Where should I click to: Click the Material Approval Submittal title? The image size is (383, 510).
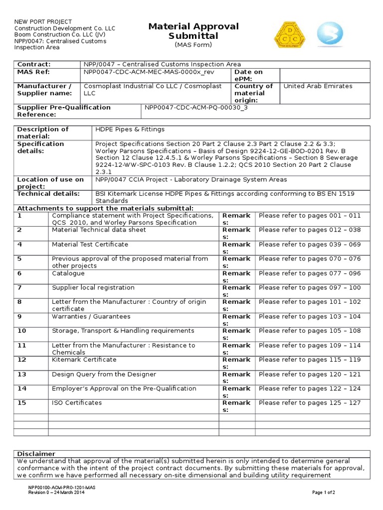tap(193, 31)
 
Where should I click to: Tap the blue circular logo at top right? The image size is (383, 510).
tap(330, 34)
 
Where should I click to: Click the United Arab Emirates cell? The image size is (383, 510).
tap(318, 86)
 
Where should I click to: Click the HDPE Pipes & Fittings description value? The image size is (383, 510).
tap(130, 129)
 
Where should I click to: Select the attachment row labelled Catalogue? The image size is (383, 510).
tap(68, 273)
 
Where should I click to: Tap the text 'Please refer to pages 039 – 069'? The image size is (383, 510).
tap(310, 245)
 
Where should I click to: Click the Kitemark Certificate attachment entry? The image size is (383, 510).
tap(84, 360)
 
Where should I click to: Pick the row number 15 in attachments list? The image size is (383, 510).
tap(21, 403)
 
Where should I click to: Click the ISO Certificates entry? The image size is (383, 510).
tap(77, 403)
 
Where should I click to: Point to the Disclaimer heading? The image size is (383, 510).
tap(36, 454)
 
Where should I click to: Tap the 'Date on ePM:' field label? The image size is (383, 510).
tap(248, 76)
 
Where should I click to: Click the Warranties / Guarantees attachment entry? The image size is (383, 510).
tap(91, 317)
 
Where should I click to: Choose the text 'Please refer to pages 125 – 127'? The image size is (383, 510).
tap(310, 403)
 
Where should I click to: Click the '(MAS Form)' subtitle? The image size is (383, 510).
tap(193, 45)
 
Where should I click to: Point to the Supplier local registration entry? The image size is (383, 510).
tap(93, 288)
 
